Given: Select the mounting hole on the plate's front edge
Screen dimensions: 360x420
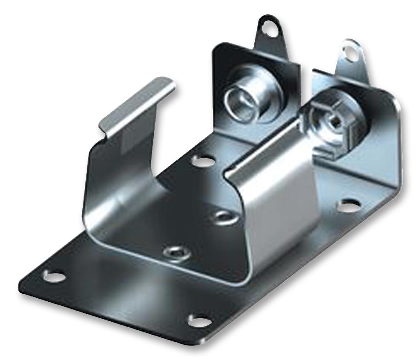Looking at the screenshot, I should [197, 319].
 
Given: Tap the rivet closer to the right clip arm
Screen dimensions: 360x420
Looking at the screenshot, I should [222, 216].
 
